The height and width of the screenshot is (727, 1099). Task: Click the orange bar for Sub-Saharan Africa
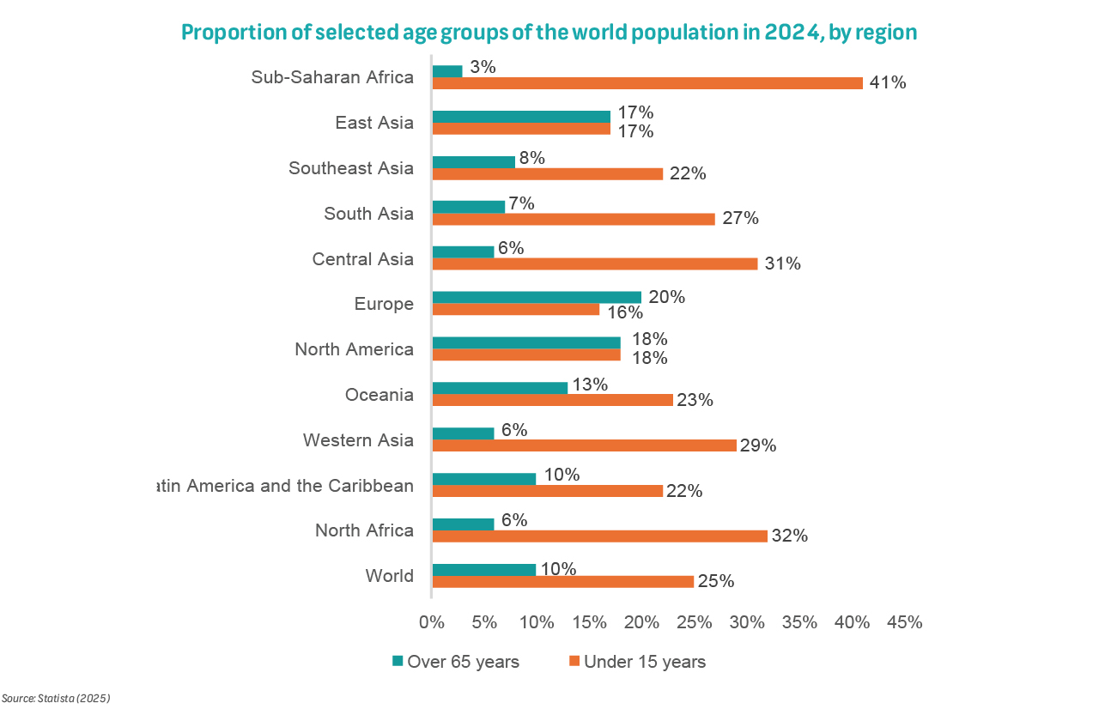pos(647,83)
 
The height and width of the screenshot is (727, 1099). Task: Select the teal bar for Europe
pos(537,297)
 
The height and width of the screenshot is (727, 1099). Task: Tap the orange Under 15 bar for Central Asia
pos(595,264)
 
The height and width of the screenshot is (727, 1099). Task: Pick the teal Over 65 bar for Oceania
pos(500,388)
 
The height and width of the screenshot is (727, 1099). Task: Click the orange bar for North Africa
pos(599,536)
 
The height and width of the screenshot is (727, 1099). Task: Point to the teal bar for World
pos(484,569)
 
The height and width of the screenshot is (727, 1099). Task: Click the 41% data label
pos(888,83)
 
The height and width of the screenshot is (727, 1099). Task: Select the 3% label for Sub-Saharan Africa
pos(483,66)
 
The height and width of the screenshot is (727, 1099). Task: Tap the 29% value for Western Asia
pos(758,445)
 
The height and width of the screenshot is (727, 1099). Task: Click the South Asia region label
pos(368,214)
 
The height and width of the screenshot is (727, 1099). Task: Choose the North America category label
pos(354,349)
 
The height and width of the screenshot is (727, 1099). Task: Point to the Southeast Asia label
pos(351,168)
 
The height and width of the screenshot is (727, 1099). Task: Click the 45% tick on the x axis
pos(904,622)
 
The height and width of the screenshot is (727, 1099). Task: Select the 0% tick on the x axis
pos(432,622)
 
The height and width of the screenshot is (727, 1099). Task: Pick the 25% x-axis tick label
pos(695,622)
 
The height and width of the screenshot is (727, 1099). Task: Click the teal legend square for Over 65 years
pos(398,661)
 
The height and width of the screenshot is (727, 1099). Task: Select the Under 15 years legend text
pos(644,662)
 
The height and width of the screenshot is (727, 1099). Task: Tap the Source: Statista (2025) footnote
pos(56,699)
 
